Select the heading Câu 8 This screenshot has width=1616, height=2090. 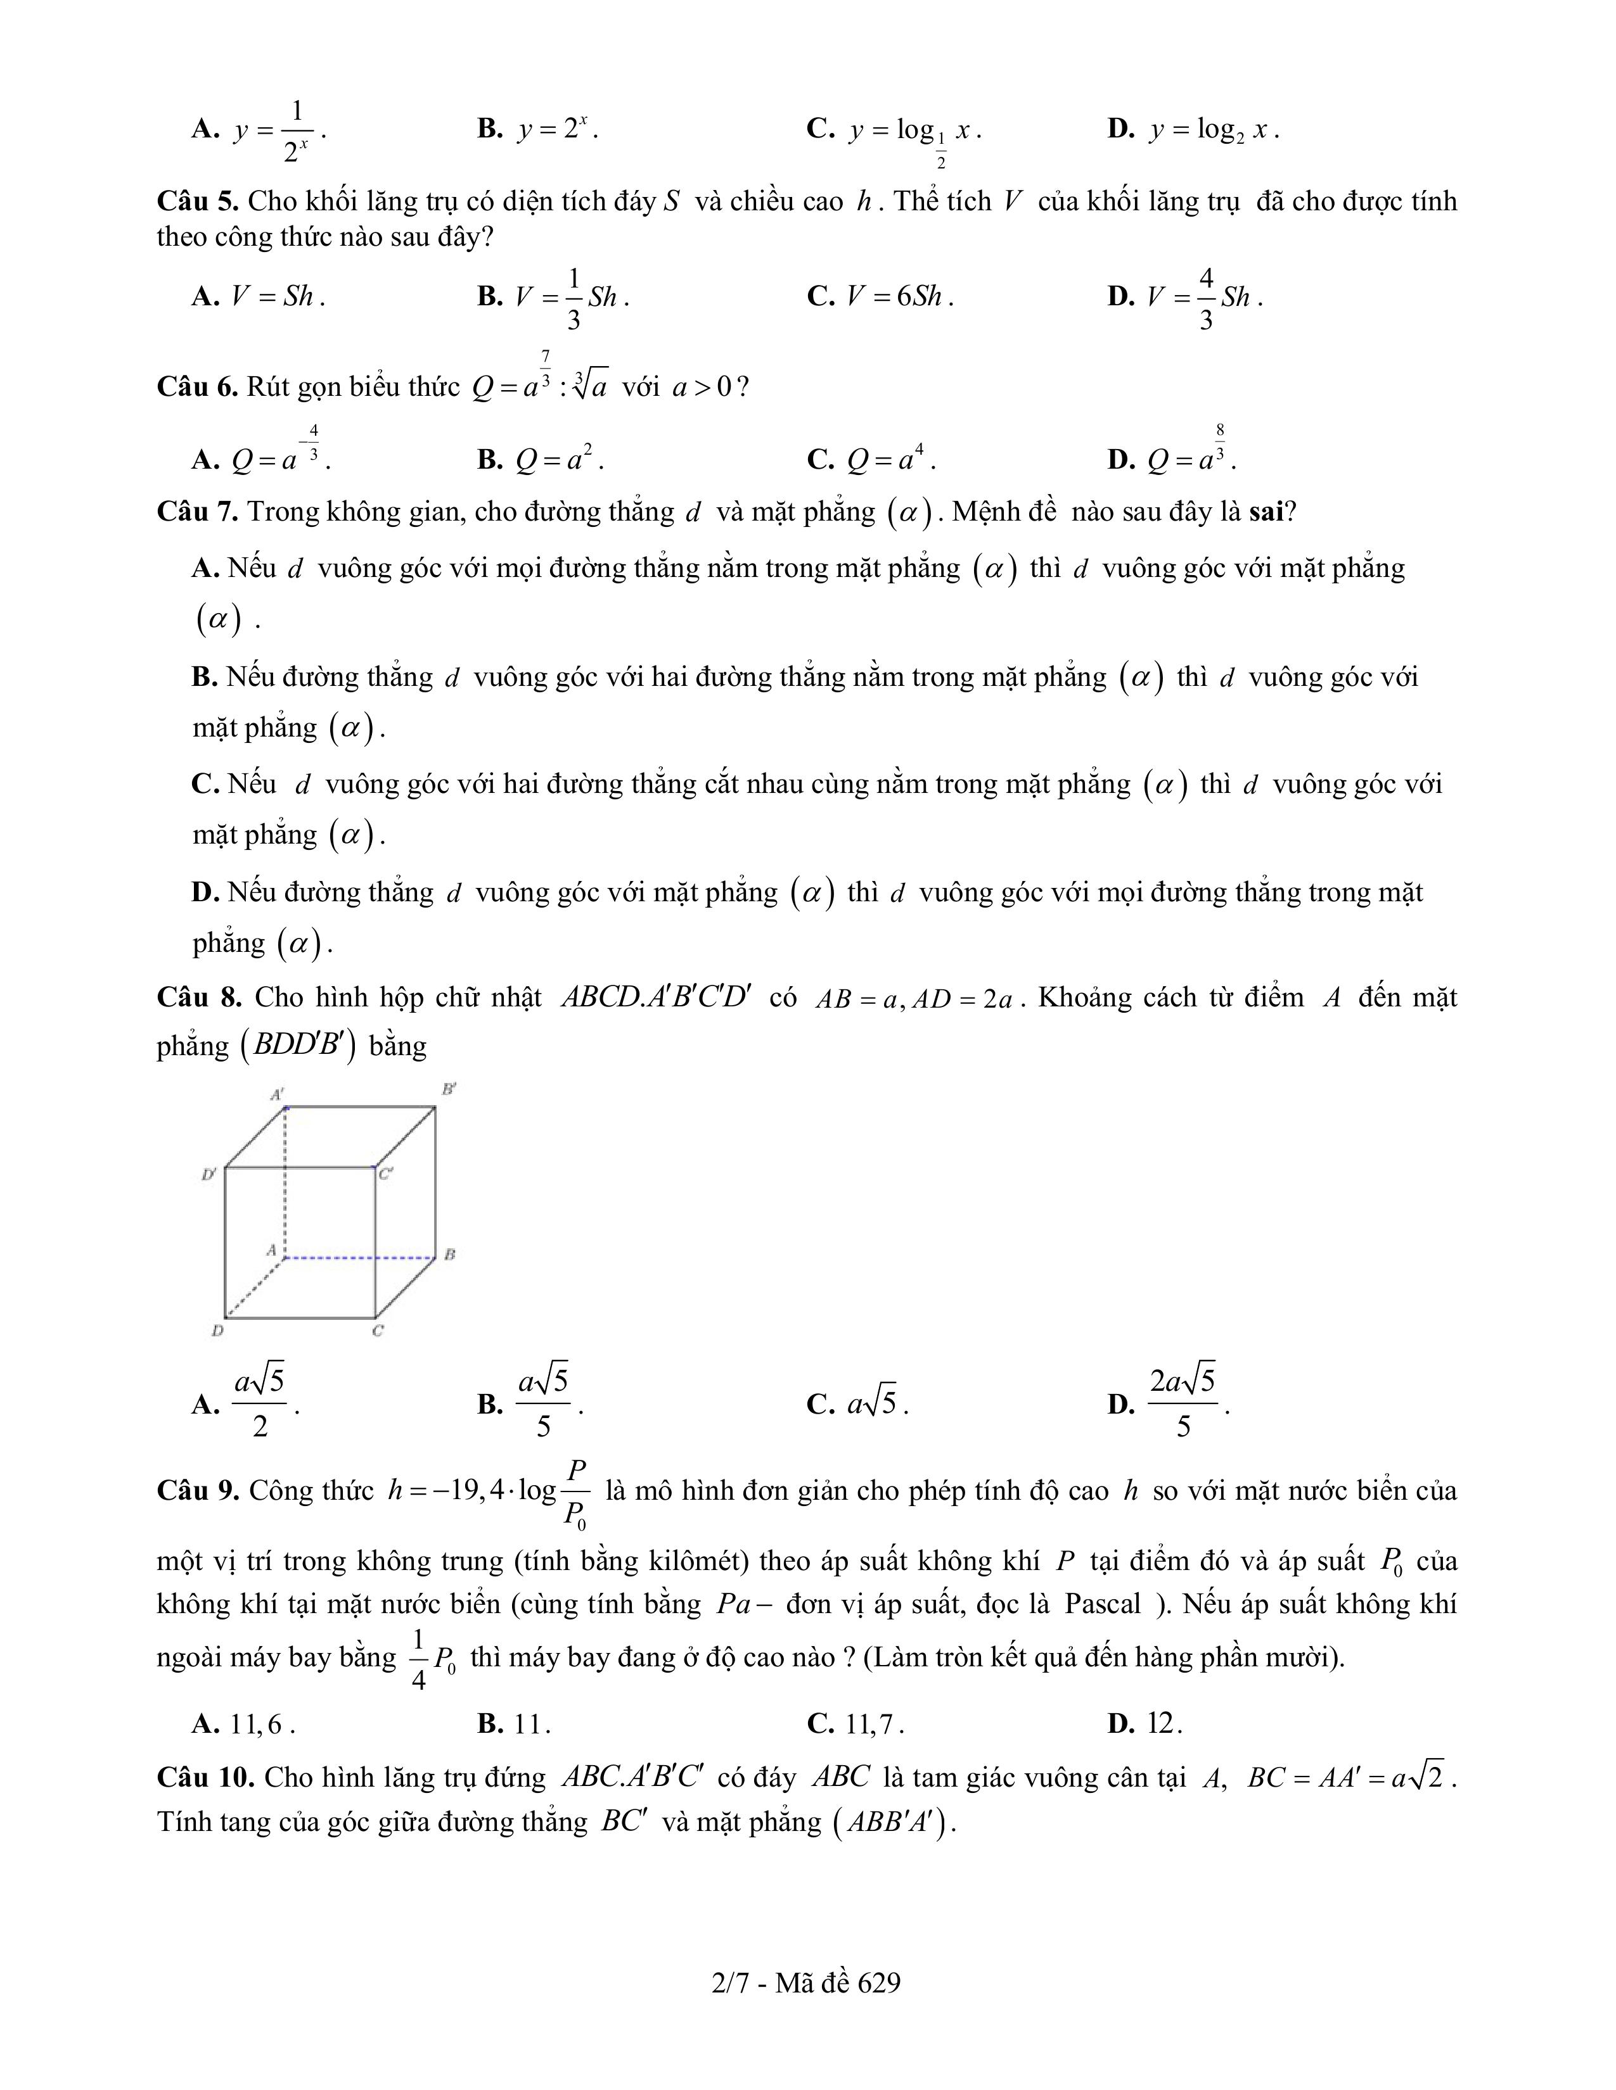199,998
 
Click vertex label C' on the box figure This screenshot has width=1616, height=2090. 385,1173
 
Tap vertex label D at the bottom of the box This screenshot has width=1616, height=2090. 217,1330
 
